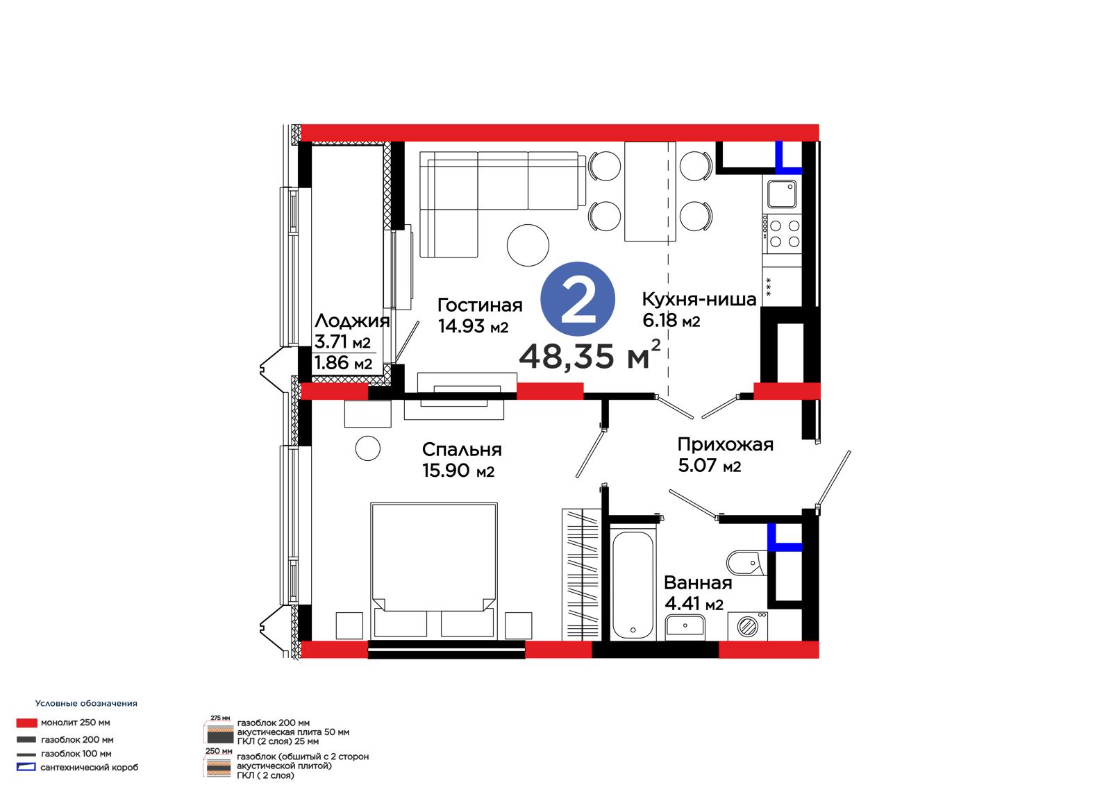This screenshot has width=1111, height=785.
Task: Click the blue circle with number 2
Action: (577, 299)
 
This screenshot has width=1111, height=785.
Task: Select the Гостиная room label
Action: (480, 305)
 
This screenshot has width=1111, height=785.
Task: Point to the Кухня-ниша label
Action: (699, 299)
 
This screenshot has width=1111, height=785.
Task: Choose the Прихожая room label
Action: (726, 444)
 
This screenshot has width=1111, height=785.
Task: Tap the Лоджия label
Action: (352, 321)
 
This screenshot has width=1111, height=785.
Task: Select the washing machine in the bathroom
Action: (747, 626)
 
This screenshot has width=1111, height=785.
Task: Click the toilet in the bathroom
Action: (746, 563)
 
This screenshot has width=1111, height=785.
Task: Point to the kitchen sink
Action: (782, 194)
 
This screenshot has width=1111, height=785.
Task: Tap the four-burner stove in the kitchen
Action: (782, 234)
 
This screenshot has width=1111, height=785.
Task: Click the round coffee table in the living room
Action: (528, 245)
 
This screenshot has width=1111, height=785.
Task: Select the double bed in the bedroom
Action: (433, 571)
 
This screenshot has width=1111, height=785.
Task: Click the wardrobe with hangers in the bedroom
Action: (581, 574)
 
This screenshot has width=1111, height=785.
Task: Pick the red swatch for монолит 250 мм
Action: (27, 723)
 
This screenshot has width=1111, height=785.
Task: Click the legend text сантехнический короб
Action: (90, 768)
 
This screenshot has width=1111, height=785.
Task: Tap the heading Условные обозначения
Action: (86, 703)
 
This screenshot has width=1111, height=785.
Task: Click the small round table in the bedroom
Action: (367, 448)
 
